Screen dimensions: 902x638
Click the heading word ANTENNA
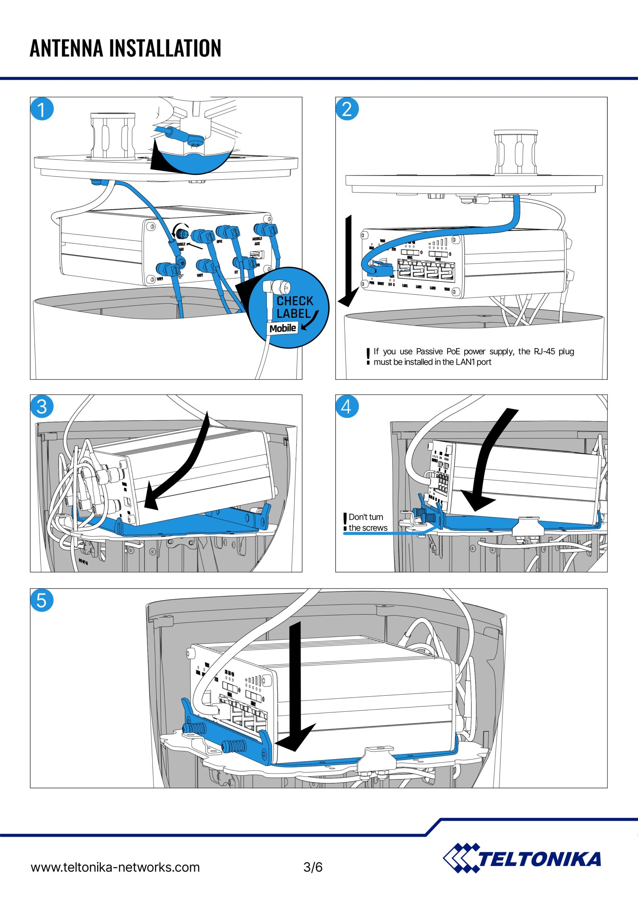pos(67,48)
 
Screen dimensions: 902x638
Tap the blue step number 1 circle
pos(42,109)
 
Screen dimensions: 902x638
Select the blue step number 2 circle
pos(347,109)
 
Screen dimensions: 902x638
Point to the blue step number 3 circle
pos(42,406)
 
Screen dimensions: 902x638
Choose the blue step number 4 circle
pos(347,406)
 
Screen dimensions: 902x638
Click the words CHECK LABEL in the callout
pos(295,307)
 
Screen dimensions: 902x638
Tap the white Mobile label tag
pos(283,328)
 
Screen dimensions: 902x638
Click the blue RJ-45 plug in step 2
pos(380,269)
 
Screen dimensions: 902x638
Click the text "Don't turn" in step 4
pos(366,517)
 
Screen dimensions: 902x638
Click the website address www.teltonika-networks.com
pos(115,867)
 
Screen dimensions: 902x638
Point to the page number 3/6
pos(313,867)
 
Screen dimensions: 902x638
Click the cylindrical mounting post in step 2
pos(515,153)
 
